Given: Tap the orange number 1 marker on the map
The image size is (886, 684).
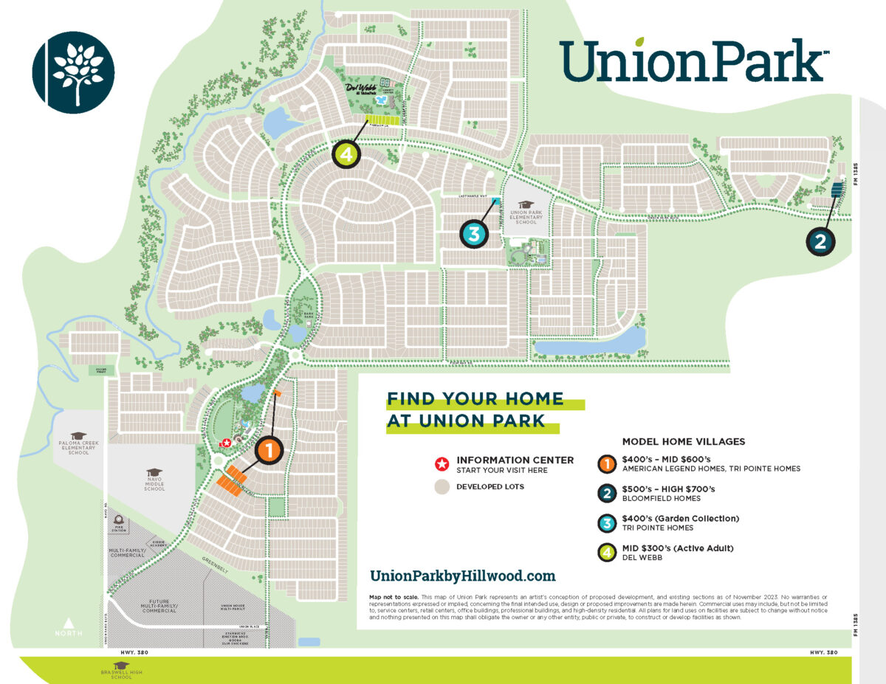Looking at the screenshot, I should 268,449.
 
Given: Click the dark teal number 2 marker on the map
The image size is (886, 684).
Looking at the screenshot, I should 820,241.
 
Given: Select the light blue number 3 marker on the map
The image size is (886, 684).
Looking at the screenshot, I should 474,234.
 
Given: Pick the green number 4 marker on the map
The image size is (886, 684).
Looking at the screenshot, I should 346,154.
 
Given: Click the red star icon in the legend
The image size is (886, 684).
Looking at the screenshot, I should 442,464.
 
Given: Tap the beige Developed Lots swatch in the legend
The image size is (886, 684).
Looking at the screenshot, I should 442,487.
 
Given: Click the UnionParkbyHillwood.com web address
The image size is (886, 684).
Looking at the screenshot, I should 462,576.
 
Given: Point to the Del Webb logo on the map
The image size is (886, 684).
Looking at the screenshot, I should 362,88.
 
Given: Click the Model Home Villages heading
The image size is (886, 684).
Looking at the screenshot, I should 684,442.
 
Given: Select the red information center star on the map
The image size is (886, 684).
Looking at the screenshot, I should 227,443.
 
